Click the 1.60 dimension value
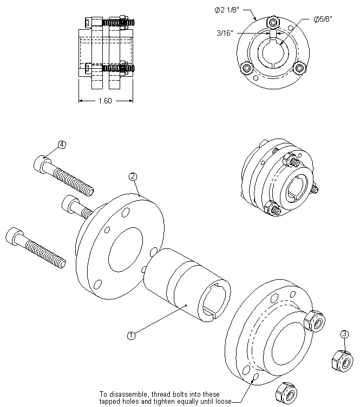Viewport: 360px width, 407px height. tap(105, 101)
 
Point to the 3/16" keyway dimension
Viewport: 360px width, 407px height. tap(224, 33)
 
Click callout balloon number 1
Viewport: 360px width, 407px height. tap(131, 335)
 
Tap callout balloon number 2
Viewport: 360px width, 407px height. tap(133, 176)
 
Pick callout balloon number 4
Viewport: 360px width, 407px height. tap(62, 145)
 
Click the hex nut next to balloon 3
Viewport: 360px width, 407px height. tap(341, 359)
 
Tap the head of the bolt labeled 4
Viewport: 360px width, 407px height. tap(43, 162)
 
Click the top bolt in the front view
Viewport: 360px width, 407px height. tap(272, 22)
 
